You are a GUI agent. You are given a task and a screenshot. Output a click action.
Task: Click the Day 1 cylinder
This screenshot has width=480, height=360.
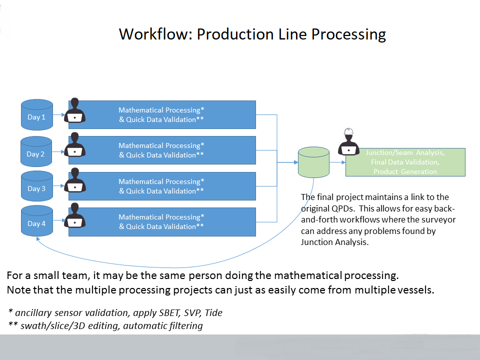(37, 115)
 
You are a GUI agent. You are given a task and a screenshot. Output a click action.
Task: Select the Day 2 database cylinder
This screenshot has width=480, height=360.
(36, 152)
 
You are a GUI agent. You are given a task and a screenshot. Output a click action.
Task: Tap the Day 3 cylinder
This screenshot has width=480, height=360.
(36, 187)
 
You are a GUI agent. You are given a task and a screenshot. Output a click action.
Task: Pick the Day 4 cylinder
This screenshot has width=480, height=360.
(36, 221)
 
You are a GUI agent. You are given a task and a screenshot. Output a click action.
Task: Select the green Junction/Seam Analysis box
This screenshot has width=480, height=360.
(405, 162)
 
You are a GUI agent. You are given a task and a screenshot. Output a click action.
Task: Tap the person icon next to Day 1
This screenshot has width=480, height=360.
(75, 110)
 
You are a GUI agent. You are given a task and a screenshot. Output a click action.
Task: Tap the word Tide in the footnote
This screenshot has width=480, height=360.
(213, 313)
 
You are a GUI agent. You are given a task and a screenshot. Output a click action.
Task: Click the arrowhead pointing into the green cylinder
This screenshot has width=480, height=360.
(295, 162)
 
